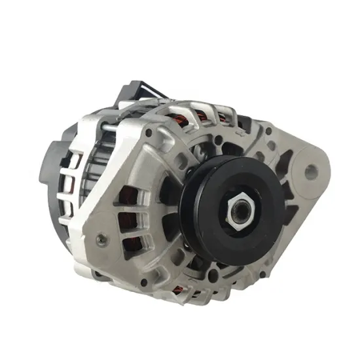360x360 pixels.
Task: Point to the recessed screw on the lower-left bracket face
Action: coord(100,240)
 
